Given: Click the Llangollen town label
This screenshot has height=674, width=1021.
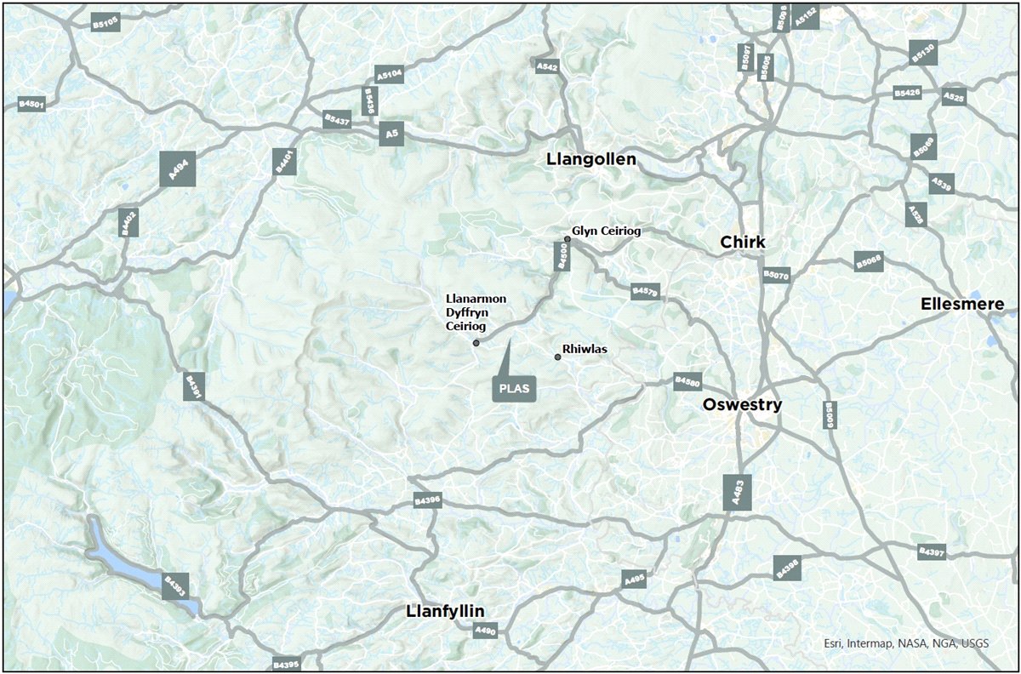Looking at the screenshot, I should pyautogui.click(x=591, y=159).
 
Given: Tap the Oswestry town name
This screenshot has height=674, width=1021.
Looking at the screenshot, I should pyautogui.click(x=742, y=405).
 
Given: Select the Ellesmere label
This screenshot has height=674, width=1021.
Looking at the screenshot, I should pyautogui.click(x=962, y=304).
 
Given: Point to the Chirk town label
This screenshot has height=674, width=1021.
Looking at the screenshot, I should pyautogui.click(x=742, y=243).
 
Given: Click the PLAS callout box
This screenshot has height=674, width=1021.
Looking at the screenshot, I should pyautogui.click(x=514, y=389).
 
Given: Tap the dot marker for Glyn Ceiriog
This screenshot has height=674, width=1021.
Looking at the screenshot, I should pyautogui.click(x=568, y=240).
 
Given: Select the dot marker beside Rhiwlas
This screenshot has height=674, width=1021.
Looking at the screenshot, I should pyautogui.click(x=557, y=357).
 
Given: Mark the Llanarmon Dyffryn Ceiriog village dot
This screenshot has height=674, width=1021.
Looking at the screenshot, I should pyautogui.click(x=476, y=343).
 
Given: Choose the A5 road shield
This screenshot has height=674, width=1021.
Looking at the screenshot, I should pyautogui.click(x=391, y=134).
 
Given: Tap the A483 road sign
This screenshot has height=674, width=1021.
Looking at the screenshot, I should pyautogui.click(x=737, y=492).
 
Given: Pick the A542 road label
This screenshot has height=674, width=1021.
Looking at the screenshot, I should pyautogui.click(x=546, y=66).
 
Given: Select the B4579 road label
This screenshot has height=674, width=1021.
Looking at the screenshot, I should pyautogui.click(x=645, y=292).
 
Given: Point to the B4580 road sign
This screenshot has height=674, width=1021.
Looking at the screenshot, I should pyautogui.click(x=687, y=380).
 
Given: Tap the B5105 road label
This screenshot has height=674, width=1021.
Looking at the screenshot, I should pyautogui.click(x=106, y=25).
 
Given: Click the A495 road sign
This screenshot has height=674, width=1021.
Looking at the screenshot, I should pyautogui.click(x=635, y=579).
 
